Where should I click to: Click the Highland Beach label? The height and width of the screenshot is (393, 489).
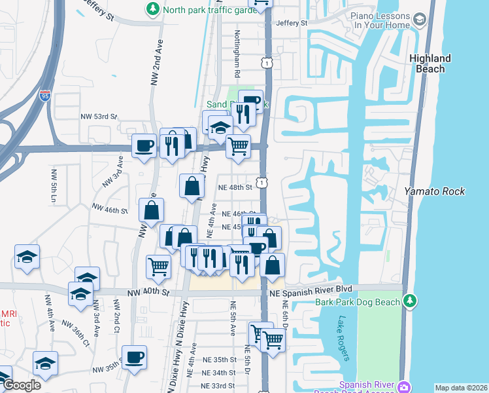point(430,64)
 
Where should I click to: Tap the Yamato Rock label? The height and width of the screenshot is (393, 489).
point(434,191)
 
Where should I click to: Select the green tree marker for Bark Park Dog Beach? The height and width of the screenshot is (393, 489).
point(410,301)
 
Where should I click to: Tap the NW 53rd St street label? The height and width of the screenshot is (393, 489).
point(99,117)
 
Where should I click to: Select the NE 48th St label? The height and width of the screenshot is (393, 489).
point(235,187)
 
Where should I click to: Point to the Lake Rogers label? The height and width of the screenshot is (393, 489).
point(344,339)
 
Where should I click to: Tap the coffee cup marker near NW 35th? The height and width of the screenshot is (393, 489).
point(134,358)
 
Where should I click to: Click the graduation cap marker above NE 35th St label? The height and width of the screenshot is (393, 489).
point(45,363)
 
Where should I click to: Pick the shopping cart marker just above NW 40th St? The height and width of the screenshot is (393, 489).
point(158,267)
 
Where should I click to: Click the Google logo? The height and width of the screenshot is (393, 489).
point(22,385)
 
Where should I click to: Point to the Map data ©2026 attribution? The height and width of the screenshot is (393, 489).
point(461,388)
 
